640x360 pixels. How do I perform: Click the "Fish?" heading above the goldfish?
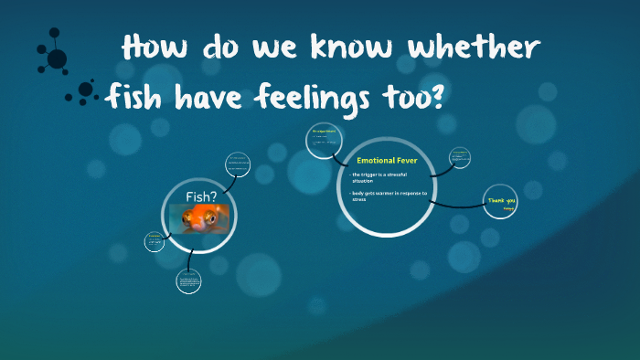tap(200, 196)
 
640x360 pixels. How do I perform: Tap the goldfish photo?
tap(201, 217)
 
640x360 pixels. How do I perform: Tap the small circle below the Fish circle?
tap(189, 281)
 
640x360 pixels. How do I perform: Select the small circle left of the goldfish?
tap(155, 241)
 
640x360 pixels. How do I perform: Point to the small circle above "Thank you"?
tap(459, 157)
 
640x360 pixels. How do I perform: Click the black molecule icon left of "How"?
tap(55, 55)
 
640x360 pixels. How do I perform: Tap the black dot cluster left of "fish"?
tap(84, 91)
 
